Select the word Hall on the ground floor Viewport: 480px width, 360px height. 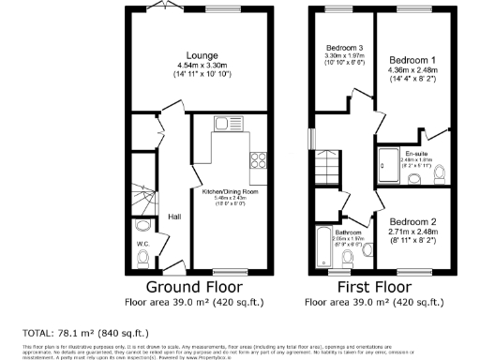coord(174,217)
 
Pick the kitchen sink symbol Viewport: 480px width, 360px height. coord(222,123)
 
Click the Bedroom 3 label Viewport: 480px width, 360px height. coord(344,48)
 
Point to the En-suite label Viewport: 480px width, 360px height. coord(415,152)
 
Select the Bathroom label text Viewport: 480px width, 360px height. coord(349,232)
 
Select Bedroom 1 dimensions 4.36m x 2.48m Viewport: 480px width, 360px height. coord(408,68)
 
